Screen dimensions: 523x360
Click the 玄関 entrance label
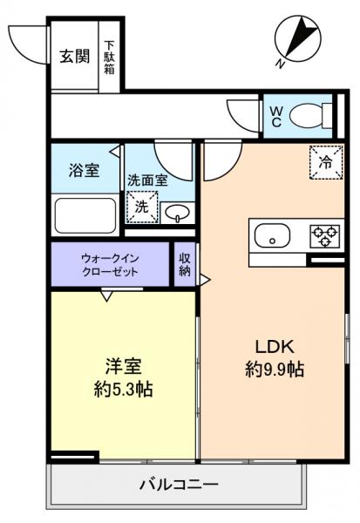click(75, 57)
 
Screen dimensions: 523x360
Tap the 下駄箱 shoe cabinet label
click(110, 57)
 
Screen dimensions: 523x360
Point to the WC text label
click(275, 117)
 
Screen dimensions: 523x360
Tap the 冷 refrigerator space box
click(323, 161)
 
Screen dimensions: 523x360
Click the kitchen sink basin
click(269, 235)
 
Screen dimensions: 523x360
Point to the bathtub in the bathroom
click(85, 214)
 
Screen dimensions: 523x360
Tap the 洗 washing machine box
click(141, 207)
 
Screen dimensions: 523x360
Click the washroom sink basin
click(177, 213)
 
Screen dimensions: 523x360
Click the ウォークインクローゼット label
click(110, 264)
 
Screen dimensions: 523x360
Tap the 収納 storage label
click(185, 264)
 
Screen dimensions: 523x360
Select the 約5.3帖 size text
click(123, 390)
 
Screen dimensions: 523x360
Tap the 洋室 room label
click(122, 365)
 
